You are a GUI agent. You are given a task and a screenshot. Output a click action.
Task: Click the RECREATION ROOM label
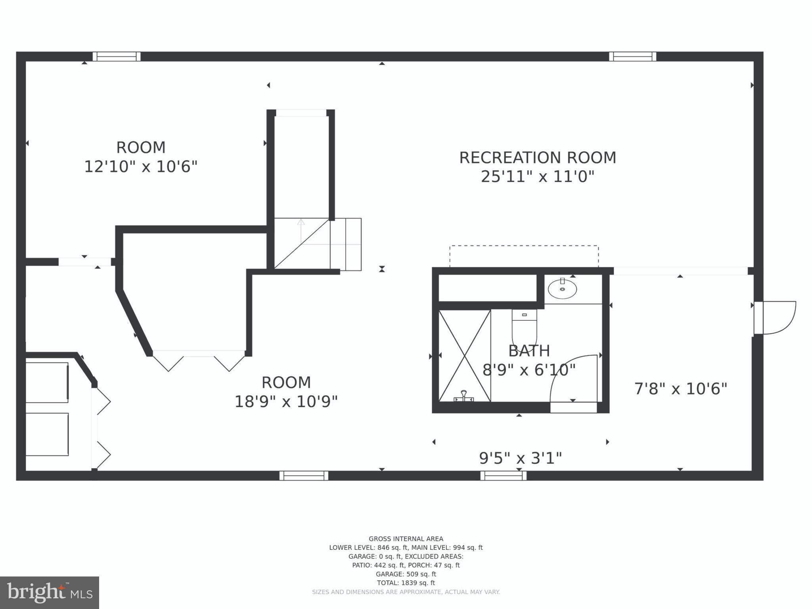537,158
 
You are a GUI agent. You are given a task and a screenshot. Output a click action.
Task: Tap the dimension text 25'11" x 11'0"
537,176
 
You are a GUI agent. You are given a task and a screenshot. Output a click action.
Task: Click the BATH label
529,351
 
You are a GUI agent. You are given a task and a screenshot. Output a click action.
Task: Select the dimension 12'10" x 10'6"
140,167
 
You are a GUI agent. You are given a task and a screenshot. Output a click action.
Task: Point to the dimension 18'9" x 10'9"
286,402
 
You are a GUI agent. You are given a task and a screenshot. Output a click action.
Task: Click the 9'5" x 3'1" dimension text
520,458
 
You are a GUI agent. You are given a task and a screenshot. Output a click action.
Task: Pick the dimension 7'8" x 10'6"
680,389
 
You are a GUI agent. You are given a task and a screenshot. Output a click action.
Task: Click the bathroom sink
562,289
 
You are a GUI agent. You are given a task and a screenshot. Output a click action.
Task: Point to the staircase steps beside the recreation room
345,244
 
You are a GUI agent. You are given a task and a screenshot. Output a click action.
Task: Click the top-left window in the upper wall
117,57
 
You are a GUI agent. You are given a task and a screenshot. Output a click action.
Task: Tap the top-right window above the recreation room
632,57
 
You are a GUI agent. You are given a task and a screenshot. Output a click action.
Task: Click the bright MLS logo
50,592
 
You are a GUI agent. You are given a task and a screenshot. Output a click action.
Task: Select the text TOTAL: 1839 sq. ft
406,583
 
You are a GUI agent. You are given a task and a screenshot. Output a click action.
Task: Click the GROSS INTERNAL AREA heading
406,539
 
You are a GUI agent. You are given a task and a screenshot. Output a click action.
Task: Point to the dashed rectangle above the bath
524,256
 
